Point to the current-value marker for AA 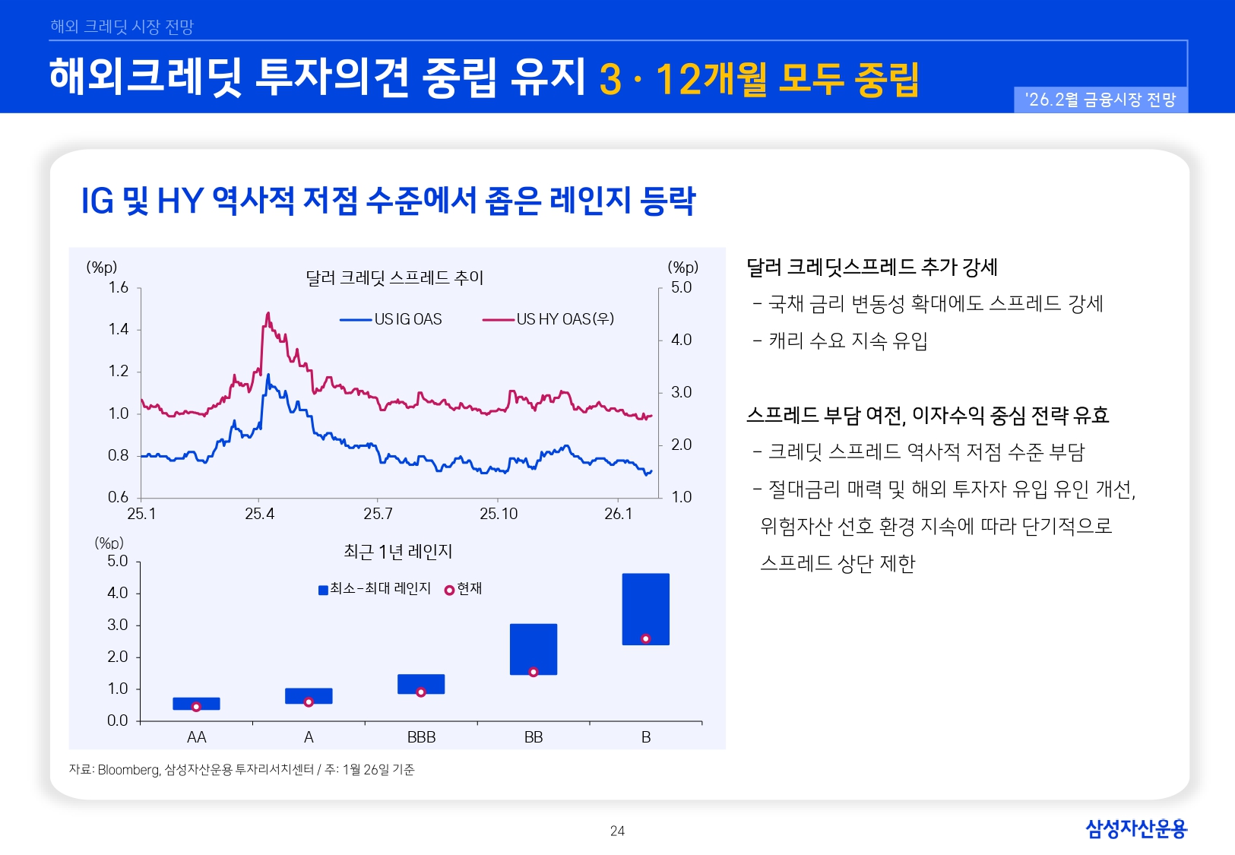[x=196, y=707]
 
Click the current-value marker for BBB [x=420, y=692]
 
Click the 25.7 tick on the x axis [x=378, y=514]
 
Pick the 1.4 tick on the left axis [x=119, y=329]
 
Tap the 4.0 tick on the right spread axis [x=681, y=340]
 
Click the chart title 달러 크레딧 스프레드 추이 [x=394, y=277]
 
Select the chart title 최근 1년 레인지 [x=397, y=552]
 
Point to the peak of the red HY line [x=268, y=313]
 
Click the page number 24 [x=617, y=831]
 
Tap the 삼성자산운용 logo [x=1135, y=828]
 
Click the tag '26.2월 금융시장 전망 [x=1100, y=100]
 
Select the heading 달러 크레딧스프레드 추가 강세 [x=871, y=267]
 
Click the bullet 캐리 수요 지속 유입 [x=847, y=340]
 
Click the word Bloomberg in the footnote [x=128, y=770]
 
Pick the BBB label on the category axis [x=421, y=737]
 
